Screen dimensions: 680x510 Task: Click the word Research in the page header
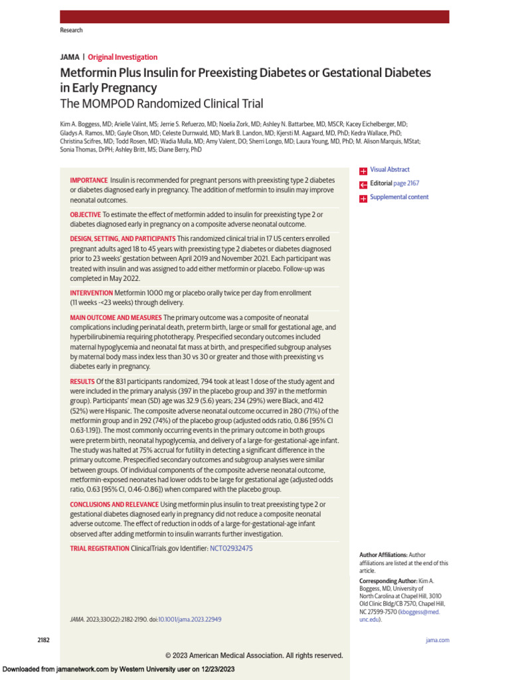click(x=71, y=31)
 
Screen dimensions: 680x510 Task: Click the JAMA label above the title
click(x=70, y=57)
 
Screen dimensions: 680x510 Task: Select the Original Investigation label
click(x=123, y=57)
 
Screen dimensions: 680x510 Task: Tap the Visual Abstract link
click(x=390, y=170)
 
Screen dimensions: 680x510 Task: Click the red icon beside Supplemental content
click(x=363, y=198)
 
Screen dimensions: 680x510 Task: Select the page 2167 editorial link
click(x=407, y=183)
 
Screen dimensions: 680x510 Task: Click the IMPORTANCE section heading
click(x=89, y=181)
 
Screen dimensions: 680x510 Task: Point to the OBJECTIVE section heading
click(x=86, y=214)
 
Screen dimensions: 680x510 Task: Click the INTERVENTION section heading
click(x=92, y=293)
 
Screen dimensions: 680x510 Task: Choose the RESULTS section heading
click(x=82, y=382)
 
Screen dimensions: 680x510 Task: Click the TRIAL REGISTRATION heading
click(x=100, y=549)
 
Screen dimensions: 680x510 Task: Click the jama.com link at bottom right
click(x=437, y=640)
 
